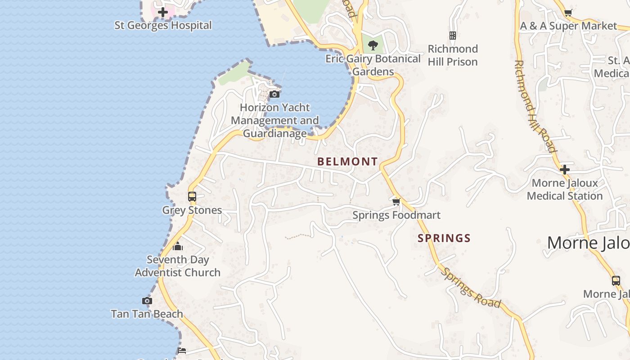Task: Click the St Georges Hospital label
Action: [x=163, y=25]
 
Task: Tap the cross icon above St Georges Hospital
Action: [x=163, y=12]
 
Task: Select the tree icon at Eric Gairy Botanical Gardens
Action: [x=373, y=45]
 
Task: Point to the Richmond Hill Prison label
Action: [x=453, y=55]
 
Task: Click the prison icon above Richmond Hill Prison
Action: [x=453, y=35]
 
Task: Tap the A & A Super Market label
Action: [x=568, y=26]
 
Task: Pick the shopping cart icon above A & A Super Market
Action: [x=568, y=13]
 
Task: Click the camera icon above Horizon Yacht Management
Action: [x=274, y=94]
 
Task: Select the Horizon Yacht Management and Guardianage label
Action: [x=274, y=120]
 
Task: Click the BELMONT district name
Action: [x=347, y=162]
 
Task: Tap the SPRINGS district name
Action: [x=444, y=238]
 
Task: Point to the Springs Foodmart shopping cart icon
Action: [x=396, y=202]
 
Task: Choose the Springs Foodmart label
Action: [x=396, y=215]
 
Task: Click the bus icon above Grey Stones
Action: [x=192, y=197]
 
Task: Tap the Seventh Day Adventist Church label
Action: [x=178, y=266]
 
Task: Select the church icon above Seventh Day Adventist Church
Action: [x=178, y=246]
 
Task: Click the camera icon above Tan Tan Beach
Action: [x=147, y=301]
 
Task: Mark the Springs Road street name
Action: [x=471, y=288]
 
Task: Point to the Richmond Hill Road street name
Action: [x=535, y=106]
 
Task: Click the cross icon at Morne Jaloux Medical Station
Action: [x=565, y=170]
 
